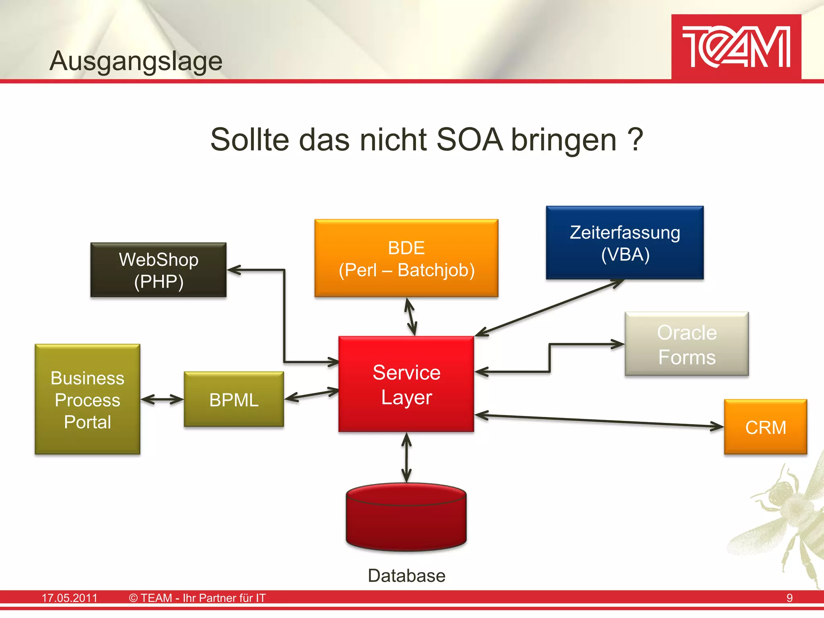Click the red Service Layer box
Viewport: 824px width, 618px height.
406,384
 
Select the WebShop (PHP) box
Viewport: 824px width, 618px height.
158,270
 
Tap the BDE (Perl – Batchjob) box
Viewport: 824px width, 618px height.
406,258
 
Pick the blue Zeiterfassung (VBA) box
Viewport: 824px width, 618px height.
624,243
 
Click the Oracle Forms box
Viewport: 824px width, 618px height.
686,344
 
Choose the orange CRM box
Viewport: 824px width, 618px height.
765,427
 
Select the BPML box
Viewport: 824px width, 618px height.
234,400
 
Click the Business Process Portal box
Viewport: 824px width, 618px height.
87,400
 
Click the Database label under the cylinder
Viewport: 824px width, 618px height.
406,576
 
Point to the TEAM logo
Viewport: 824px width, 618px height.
736,47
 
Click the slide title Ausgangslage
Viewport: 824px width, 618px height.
136,61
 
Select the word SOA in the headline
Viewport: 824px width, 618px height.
469,140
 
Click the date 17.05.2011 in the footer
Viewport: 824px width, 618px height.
70,598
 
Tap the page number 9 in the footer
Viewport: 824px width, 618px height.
789,598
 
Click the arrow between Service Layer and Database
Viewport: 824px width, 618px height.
406,457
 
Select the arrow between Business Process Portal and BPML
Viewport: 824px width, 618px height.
162,400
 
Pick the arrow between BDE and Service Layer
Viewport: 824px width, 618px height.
410,317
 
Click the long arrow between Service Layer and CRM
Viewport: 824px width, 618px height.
599,421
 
